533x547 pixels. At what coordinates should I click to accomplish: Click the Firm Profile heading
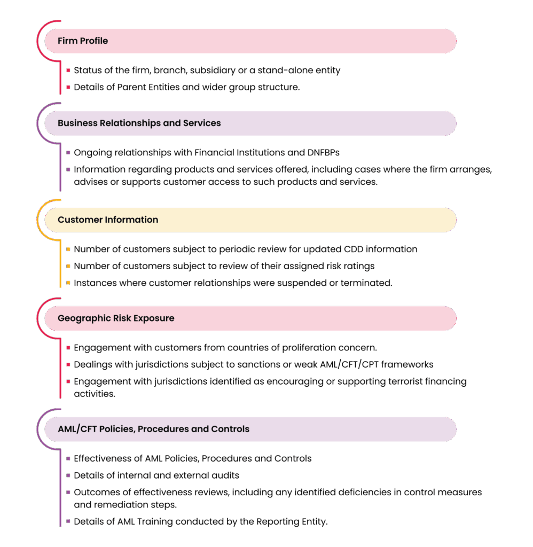83,41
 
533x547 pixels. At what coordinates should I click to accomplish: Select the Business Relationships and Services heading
139,123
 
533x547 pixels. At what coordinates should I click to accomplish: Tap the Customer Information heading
108,220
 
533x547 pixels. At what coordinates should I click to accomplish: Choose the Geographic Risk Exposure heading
116,318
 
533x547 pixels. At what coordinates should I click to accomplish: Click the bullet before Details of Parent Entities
68,87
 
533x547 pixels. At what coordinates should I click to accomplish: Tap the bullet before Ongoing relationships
68,153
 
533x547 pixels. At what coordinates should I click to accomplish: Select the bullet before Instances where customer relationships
68,283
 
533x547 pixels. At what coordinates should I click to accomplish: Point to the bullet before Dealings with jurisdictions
68,364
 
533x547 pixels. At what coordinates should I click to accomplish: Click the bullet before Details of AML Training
68,521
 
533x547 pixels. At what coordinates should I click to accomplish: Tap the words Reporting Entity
292,522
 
